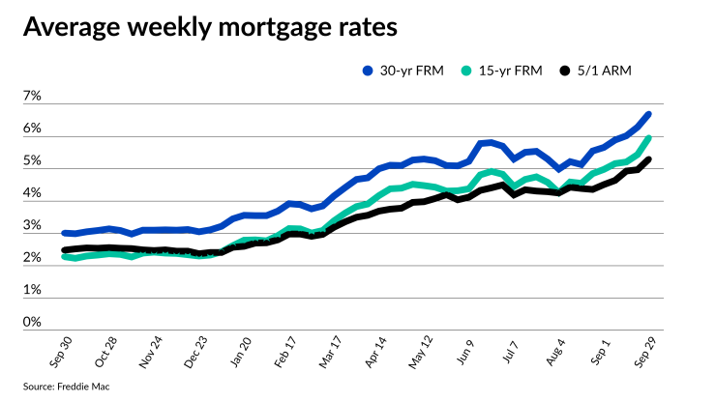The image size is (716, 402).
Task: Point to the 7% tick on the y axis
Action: click(x=32, y=98)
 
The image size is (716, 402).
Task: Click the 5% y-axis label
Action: click(x=32, y=162)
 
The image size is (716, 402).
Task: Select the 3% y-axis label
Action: click(x=32, y=227)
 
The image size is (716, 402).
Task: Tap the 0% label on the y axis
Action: click(x=32, y=323)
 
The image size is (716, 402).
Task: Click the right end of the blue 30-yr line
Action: click(x=648, y=114)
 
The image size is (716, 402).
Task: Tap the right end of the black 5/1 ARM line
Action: click(x=648, y=159)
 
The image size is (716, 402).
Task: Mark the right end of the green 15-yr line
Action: click(x=648, y=138)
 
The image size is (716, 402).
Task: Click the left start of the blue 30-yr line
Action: click(x=65, y=233)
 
